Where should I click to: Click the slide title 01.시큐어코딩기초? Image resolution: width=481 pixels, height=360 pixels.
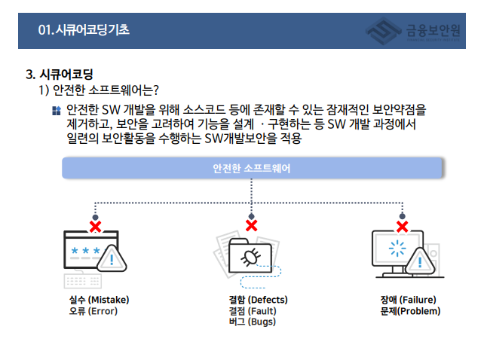pyautogui.click(x=84, y=30)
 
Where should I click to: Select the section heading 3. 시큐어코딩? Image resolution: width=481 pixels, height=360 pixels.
pyautogui.click(x=60, y=75)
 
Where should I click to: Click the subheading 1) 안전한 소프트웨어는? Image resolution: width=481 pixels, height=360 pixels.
pyautogui.click(x=98, y=90)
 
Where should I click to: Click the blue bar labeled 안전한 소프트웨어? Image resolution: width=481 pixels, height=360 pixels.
pyautogui.click(x=252, y=168)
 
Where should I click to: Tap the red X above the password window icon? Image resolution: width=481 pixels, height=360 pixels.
pyautogui.click(x=96, y=225)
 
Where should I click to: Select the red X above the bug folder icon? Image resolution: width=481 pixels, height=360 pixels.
pyautogui.click(x=252, y=225)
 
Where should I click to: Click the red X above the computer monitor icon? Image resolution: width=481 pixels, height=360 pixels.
pyautogui.click(x=403, y=225)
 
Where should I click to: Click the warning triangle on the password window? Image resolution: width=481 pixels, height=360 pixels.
pyautogui.click(x=112, y=261)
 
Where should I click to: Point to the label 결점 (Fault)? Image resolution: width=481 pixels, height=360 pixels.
pyautogui.click(x=253, y=310)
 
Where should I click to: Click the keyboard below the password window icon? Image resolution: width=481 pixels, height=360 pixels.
pyautogui.click(x=84, y=281)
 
